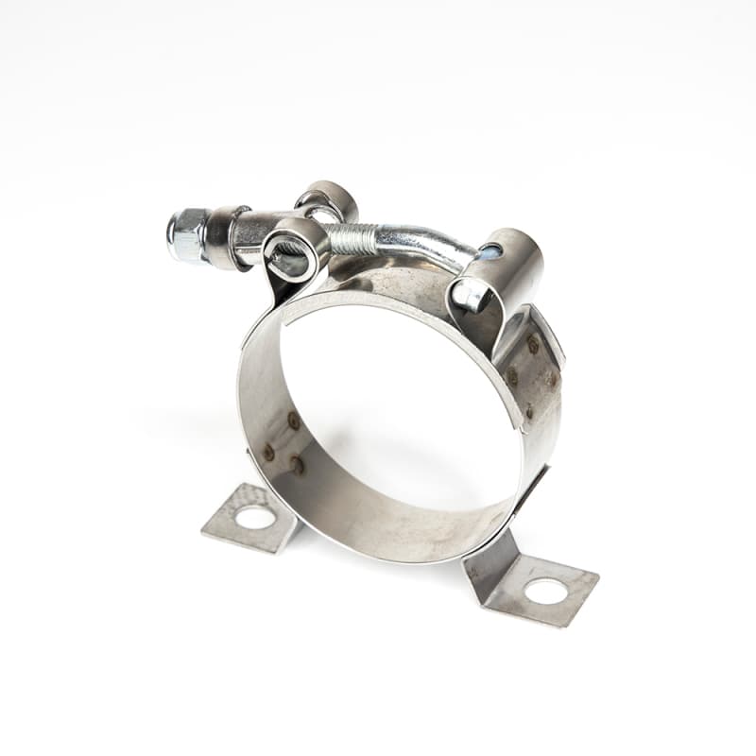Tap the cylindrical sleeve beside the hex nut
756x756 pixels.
click(x=227, y=236)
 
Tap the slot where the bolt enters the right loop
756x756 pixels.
click(x=489, y=251)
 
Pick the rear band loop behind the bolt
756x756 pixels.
click(x=326, y=200)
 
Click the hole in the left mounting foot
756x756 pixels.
click(x=255, y=517)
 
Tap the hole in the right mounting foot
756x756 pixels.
click(x=546, y=592)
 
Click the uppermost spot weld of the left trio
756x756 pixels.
click(x=294, y=421)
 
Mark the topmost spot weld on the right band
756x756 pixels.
click(x=534, y=345)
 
